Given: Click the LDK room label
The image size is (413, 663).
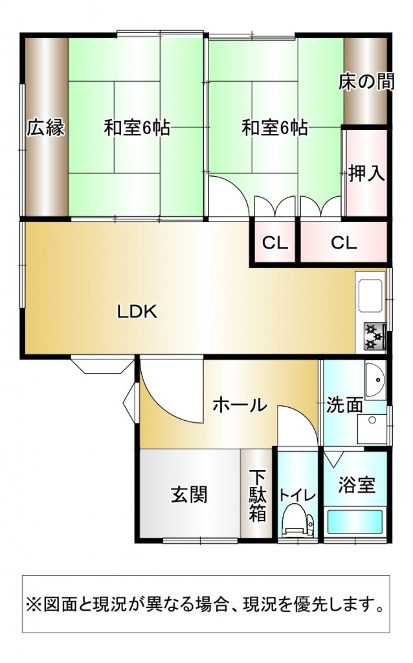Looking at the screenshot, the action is pyautogui.click(x=137, y=311).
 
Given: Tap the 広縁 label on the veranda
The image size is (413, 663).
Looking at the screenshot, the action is pyautogui.click(x=46, y=128).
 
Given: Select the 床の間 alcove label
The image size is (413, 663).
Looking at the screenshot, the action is pyautogui.click(x=366, y=82).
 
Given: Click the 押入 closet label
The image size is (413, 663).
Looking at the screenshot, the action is pyautogui.click(x=366, y=174).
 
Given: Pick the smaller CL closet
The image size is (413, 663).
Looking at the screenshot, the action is pyautogui.click(x=274, y=243).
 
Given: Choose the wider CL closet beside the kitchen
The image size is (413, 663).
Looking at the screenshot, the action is pyautogui.click(x=344, y=243).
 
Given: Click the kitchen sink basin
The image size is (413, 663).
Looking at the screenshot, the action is pyautogui.click(x=371, y=295).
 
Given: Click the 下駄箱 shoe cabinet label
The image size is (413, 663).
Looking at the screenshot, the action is pyautogui.click(x=257, y=495).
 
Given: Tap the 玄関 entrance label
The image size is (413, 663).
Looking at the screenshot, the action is pyautogui.click(x=189, y=494).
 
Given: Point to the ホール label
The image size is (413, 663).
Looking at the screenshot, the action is pyautogui.click(x=240, y=405).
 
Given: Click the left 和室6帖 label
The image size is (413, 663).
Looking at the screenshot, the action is pyautogui.click(x=137, y=128).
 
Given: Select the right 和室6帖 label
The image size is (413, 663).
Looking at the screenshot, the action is pyautogui.click(x=274, y=128).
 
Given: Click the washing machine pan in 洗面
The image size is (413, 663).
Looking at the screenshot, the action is pyautogui.click(x=372, y=429).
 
